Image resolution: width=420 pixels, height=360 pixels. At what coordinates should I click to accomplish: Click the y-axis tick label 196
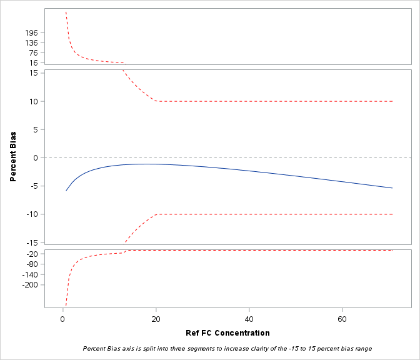point(32,32)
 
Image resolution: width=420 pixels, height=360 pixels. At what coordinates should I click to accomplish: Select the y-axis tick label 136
point(32,42)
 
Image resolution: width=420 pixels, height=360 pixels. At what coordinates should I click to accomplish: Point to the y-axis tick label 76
point(34,52)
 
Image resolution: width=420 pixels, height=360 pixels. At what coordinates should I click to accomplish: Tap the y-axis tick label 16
point(34,62)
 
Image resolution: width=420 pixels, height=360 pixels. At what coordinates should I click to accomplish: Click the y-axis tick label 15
point(34,73)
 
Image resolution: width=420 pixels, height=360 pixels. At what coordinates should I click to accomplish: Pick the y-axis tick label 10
point(34,101)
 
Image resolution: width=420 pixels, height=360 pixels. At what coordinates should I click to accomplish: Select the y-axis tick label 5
point(36,129)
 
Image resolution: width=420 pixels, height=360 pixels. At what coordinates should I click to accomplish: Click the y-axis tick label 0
point(36,157)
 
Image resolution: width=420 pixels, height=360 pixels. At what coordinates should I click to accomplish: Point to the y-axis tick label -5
point(34,186)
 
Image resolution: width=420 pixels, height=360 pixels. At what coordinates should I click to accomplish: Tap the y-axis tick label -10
point(32,214)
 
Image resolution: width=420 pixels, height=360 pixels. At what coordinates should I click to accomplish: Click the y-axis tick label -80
point(31,264)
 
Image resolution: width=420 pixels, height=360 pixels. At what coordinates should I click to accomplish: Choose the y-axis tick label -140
point(29,274)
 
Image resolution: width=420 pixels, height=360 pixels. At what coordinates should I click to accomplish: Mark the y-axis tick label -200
point(29,284)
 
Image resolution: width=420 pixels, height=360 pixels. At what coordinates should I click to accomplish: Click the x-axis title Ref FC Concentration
point(228,332)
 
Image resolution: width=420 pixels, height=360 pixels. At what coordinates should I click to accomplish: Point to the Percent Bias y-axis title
point(12,157)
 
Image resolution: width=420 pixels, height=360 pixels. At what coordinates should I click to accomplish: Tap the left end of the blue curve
point(66,190)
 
